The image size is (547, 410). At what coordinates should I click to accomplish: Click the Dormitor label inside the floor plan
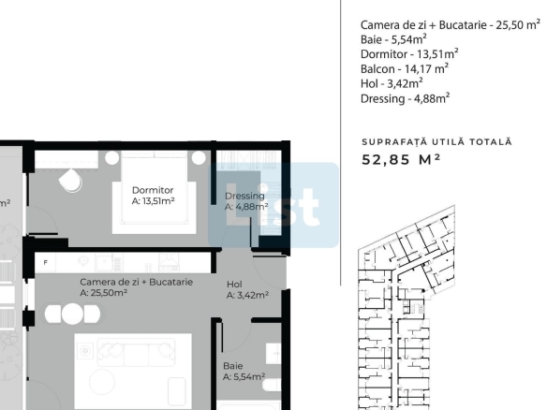click(x=153, y=196)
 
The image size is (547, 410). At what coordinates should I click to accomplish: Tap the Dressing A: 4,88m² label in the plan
click(x=246, y=201)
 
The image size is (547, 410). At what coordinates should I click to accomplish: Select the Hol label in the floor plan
click(x=247, y=290)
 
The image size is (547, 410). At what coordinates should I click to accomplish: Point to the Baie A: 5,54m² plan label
click(x=244, y=372)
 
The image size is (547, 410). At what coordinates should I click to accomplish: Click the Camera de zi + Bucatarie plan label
click(x=136, y=287)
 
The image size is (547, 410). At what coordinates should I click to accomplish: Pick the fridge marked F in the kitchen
click(x=45, y=262)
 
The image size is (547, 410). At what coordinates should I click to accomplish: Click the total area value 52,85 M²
click(x=401, y=160)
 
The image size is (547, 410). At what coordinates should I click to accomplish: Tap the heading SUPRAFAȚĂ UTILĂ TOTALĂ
click(x=436, y=142)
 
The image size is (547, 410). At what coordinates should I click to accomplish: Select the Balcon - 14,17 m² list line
click(x=405, y=68)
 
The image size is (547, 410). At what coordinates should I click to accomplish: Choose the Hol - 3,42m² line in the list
click(x=392, y=83)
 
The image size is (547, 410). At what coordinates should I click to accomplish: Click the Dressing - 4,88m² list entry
click(x=405, y=98)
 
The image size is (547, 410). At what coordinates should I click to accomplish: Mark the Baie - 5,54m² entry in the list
click(x=393, y=39)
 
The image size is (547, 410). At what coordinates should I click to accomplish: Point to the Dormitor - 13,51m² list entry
click(x=409, y=54)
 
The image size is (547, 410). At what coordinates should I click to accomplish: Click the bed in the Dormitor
click(x=154, y=193)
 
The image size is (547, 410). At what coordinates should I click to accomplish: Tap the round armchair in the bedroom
click(x=71, y=181)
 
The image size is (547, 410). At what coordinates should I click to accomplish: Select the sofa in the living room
click(x=137, y=352)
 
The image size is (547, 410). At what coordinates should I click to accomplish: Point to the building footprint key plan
click(x=407, y=307)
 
